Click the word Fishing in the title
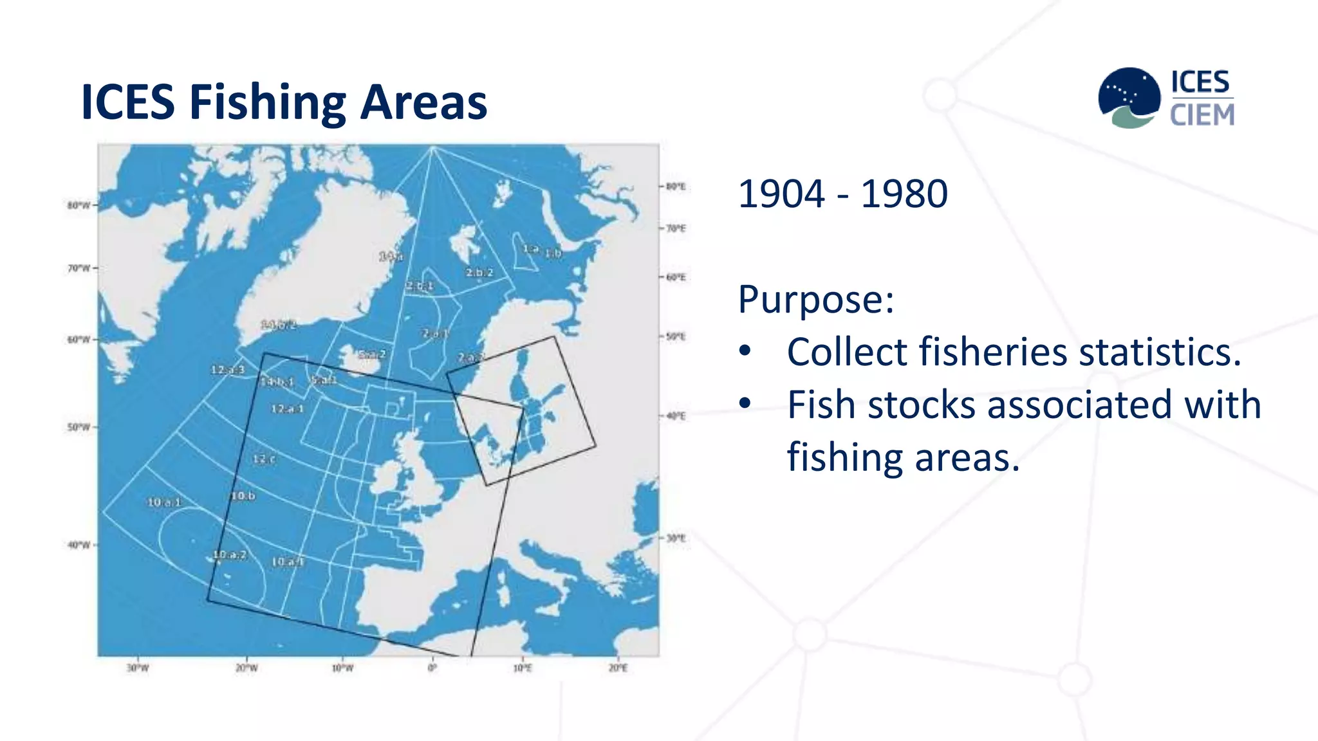268,103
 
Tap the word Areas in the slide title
423,103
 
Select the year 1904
781,194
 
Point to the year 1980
904,194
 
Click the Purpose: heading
816,299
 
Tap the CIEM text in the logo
1202,115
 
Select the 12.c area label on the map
264,459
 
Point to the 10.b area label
243,496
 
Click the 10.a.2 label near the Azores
229,554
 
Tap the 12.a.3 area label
227,370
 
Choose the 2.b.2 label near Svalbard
479,273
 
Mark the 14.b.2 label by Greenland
279,325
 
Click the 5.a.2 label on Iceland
372,354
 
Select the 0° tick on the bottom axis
432,668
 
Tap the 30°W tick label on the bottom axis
137,668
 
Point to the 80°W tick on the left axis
79,206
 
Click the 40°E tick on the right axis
676,416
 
